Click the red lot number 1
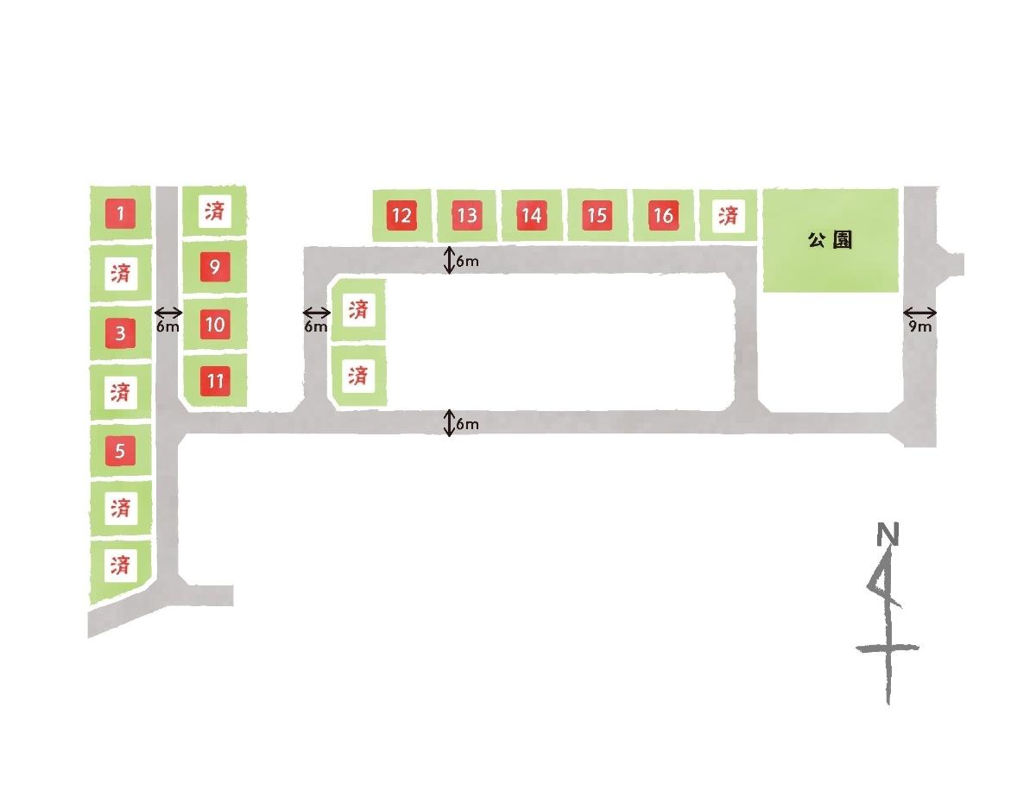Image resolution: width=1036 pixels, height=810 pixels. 120,212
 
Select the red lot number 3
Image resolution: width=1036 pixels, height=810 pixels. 120,332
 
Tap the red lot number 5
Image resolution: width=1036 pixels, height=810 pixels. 120,451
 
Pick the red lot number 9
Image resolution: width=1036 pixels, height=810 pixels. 215,267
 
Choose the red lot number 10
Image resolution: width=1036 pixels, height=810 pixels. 215,324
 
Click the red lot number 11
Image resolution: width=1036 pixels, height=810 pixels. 215,381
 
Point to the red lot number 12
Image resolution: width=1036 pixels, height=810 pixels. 401,216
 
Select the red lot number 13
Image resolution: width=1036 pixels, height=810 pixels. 467,216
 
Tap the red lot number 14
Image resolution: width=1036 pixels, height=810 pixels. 532,216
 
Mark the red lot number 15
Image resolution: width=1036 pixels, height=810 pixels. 597,216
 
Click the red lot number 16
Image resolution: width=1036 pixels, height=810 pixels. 663,216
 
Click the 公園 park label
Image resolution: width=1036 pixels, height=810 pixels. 830,240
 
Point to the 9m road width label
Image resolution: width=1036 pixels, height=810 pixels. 919,326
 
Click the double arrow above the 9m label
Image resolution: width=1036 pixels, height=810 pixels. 919,313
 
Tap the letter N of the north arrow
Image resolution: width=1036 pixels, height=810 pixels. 888,534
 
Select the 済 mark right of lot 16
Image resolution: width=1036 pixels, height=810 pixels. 728,216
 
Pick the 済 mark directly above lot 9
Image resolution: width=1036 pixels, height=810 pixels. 215,211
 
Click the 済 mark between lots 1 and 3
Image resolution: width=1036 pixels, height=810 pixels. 121,273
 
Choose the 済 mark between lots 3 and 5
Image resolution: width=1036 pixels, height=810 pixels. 121,392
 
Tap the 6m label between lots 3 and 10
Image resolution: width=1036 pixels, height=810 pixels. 167,326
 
